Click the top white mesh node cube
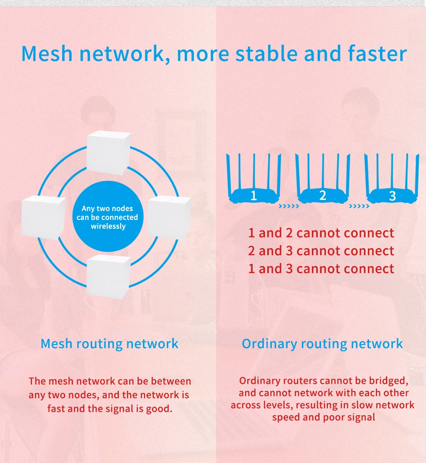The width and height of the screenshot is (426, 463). point(108,153)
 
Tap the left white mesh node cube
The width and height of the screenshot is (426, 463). point(43,217)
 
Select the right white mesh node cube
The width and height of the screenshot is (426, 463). point(169,217)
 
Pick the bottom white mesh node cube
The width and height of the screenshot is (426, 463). point(108,275)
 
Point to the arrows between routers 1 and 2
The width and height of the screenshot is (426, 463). point(288,207)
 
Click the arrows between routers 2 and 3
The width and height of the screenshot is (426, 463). point(359,207)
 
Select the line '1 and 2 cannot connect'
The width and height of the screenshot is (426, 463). point(321,233)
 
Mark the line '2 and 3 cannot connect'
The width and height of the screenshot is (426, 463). point(321,251)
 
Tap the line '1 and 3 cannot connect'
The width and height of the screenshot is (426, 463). point(321,269)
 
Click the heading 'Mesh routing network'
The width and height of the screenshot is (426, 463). point(109,344)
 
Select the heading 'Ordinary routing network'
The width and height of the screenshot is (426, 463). point(322,344)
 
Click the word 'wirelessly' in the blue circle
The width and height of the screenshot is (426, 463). point(108,226)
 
